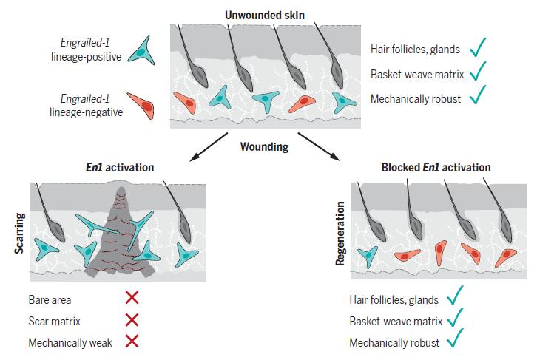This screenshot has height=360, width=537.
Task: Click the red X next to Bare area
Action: [x=132, y=299]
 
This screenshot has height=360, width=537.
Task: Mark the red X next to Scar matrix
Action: [x=132, y=320]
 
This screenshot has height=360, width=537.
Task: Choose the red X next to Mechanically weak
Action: [x=132, y=342]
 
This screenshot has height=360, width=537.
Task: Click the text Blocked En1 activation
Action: [x=436, y=168]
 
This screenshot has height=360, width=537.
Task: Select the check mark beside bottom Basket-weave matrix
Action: [x=453, y=320]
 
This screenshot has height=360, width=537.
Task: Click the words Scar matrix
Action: [x=54, y=321]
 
